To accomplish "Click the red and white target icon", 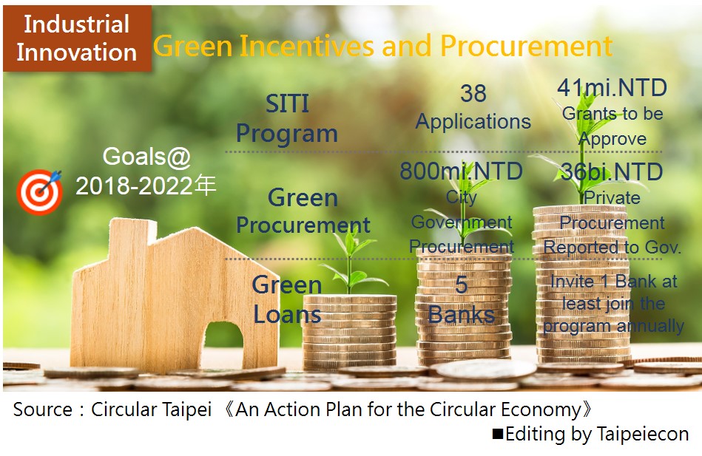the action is click(x=40, y=192).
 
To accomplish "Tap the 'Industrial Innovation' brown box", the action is click(x=77, y=38).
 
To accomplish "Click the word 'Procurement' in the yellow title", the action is click(x=526, y=46).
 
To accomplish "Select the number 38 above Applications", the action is click(x=473, y=94).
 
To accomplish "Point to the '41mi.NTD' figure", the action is click(x=612, y=88).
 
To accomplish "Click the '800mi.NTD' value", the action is click(x=461, y=171).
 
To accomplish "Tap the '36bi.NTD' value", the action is click(x=612, y=171).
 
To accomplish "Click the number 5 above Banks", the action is click(x=461, y=285).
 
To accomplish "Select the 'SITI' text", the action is click(x=288, y=103).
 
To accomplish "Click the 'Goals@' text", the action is click(x=147, y=157).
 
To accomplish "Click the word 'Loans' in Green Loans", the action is click(x=288, y=315).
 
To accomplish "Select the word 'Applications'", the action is click(x=473, y=122).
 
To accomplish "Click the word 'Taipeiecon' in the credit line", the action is click(x=643, y=434).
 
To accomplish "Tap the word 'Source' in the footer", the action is click(x=43, y=409).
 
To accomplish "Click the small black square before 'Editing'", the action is click(x=498, y=434).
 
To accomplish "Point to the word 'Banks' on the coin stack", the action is click(x=461, y=315).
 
